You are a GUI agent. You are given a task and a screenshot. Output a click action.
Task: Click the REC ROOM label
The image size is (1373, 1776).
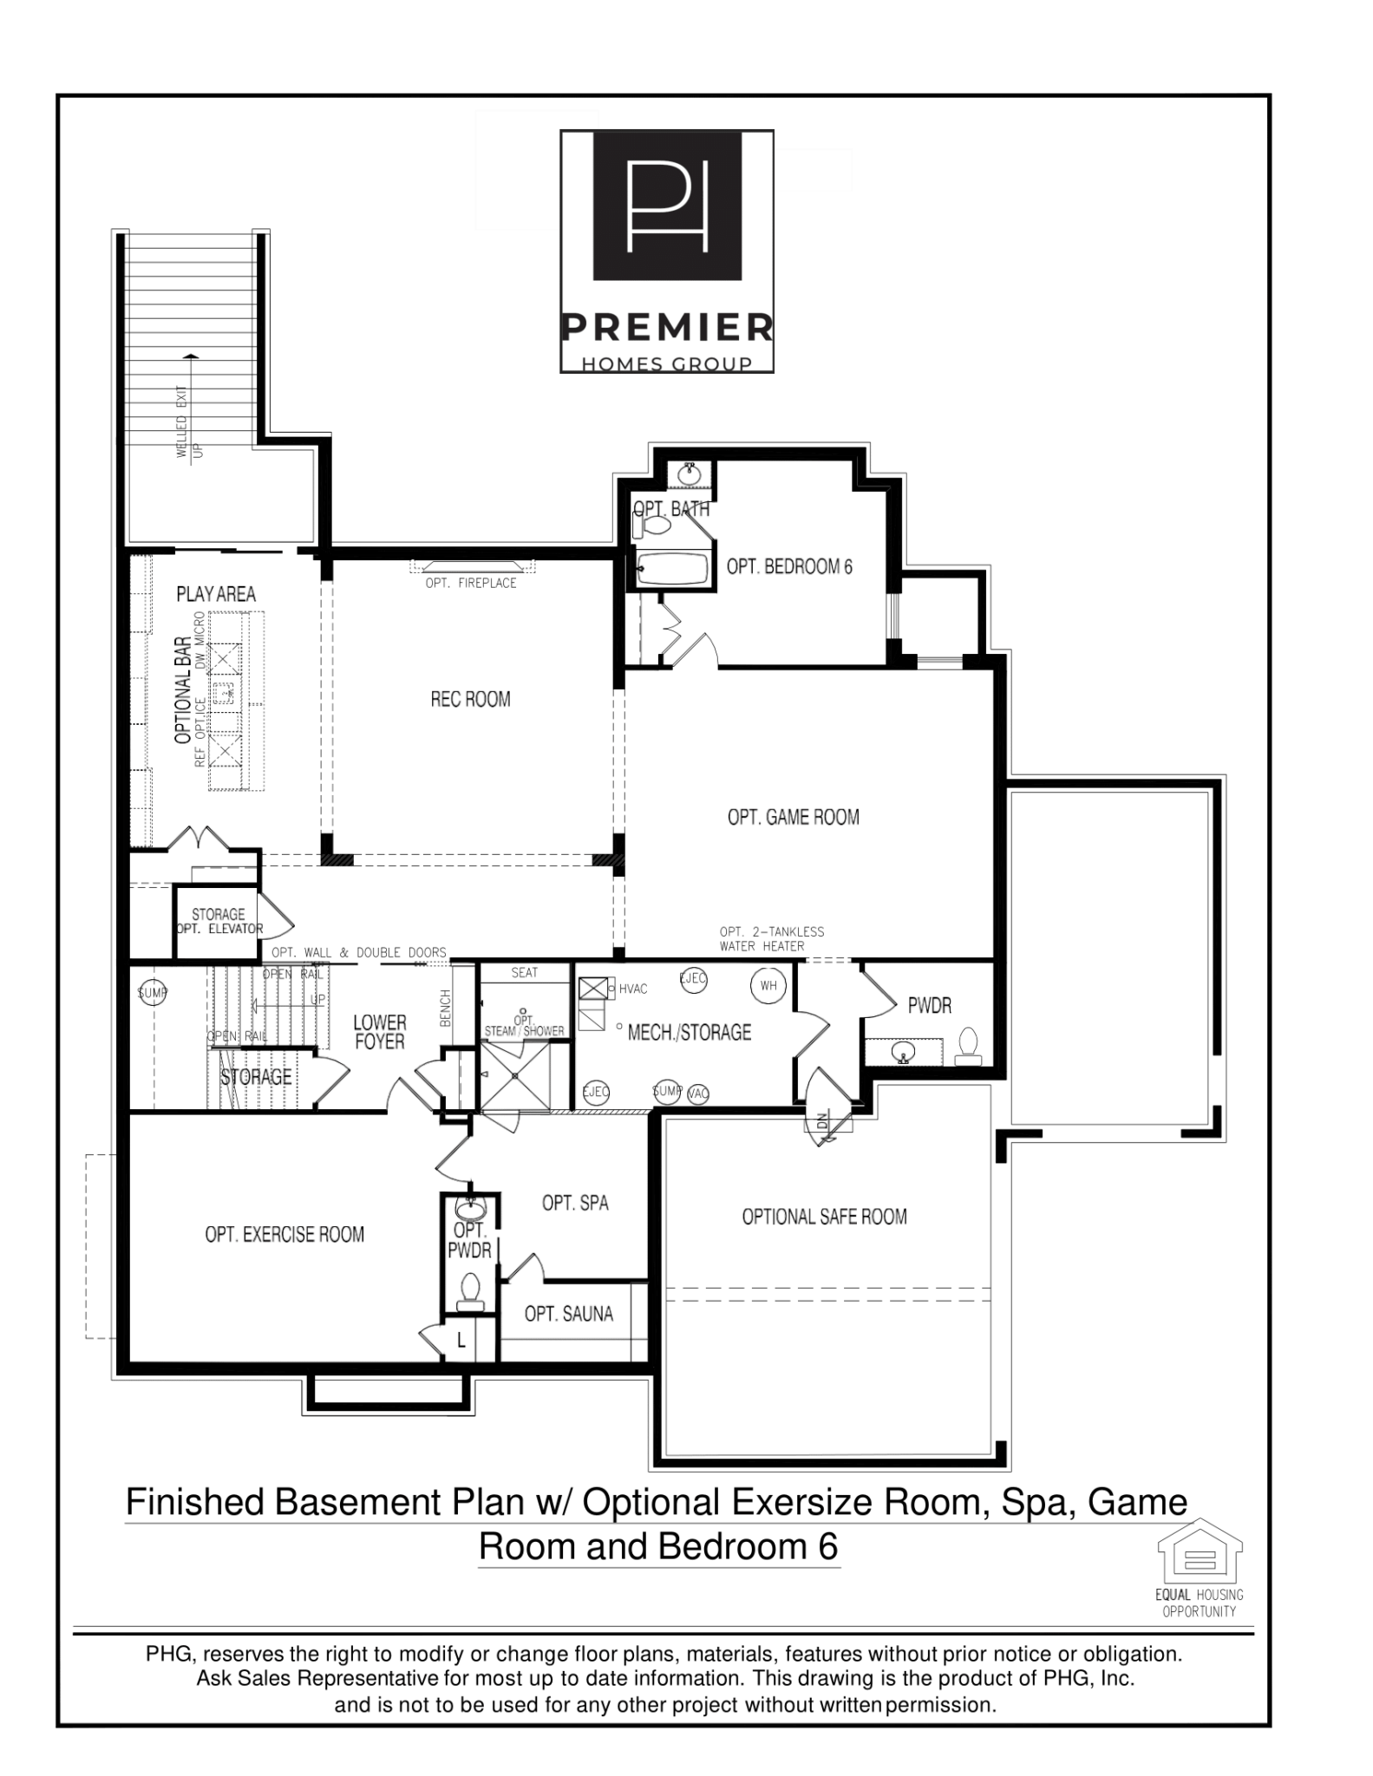click(x=470, y=699)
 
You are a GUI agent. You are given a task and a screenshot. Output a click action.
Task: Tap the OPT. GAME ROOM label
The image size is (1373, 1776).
click(x=793, y=817)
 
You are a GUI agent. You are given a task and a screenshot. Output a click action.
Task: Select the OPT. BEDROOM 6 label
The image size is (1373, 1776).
click(x=789, y=567)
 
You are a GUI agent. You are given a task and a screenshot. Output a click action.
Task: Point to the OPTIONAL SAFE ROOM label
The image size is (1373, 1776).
click(x=824, y=1217)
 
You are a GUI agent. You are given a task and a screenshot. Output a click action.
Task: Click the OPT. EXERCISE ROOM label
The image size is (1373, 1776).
click(x=284, y=1234)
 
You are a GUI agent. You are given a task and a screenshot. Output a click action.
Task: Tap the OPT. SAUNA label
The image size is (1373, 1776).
click(x=568, y=1314)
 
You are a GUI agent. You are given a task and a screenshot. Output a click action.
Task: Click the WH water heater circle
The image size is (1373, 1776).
click(x=768, y=986)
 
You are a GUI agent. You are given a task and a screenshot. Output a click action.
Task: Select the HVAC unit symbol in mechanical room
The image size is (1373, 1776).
click(x=594, y=989)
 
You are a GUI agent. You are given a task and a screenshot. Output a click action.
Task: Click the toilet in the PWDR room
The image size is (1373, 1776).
click(x=968, y=1044)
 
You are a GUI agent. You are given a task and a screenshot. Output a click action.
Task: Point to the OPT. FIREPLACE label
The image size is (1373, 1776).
click(x=471, y=583)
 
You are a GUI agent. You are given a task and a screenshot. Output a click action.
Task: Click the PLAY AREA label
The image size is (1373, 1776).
click(x=216, y=594)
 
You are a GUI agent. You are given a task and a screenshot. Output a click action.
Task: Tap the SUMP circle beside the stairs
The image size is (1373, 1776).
click(x=153, y=993)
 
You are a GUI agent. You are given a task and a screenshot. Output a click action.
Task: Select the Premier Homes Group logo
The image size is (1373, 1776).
click(x=666, y=251)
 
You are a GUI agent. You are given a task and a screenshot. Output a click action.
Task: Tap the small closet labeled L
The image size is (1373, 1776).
click(x=461, y=1341)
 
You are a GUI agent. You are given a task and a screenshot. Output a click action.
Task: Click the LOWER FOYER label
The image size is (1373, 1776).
click(x=379, y=1032)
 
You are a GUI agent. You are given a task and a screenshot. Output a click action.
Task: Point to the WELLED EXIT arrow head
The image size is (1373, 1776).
click(x=191, y=356)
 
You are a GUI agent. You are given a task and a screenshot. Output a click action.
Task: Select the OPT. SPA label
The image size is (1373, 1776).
click(x=575, y=1203)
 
